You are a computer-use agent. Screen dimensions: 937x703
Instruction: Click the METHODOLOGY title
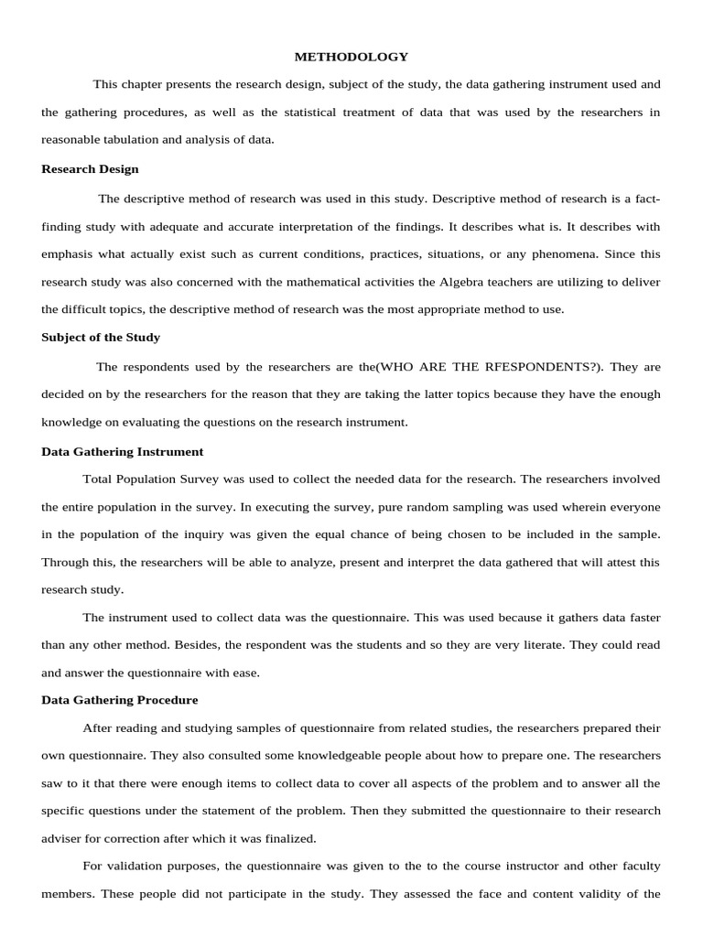pos(351,57)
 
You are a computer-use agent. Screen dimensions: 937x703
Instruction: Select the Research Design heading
pos(90,169)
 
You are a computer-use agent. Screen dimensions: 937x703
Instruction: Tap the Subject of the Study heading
pos(101,338)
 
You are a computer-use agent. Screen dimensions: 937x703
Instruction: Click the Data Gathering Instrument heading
pos(123,452)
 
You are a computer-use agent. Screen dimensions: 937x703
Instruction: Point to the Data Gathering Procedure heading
pos(120,701)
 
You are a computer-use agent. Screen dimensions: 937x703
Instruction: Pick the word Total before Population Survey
pos(98,479)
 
